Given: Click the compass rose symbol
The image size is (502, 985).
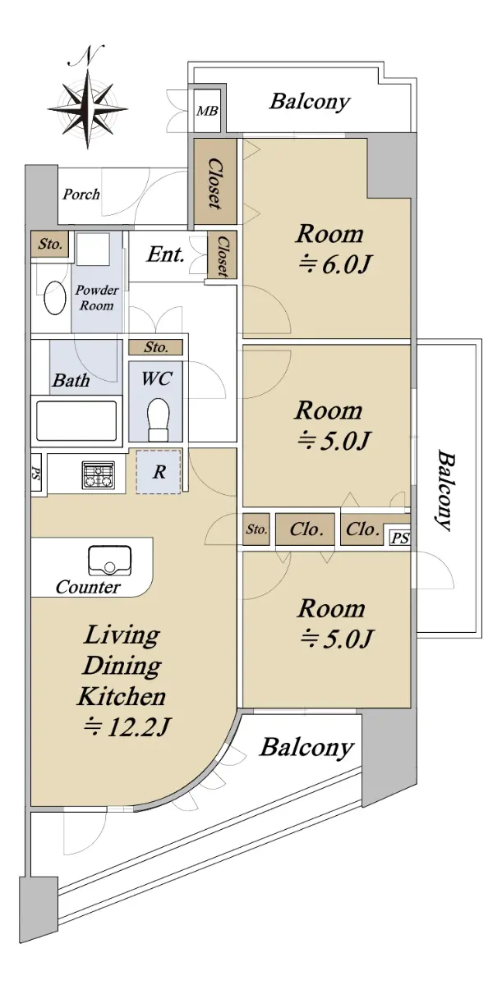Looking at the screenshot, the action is tap(88, 106).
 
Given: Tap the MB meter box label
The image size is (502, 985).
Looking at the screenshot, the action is tap(207, 112).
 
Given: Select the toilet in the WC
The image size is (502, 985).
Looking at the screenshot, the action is tap(158, 420).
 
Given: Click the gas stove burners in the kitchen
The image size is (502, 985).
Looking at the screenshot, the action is tap(98, 475).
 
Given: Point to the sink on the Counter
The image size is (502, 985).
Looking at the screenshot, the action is tap(110, 561).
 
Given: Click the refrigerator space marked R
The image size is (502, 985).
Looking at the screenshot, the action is tap(159, 472).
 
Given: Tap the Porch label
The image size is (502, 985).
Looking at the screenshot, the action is tap(81, 194).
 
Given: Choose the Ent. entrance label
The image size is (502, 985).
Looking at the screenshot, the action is tap(165, 254).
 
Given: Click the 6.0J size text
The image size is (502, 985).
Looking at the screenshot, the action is tap(334, 265).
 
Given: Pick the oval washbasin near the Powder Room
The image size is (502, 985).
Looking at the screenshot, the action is tap(54, 297).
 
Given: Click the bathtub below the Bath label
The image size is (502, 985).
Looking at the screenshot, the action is tap(76, 421).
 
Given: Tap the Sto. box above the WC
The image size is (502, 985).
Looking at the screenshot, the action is tap(156, 347).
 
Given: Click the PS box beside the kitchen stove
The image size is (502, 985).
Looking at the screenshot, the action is tap(35, 475).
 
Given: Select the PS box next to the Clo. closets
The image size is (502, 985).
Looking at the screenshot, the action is tap(400, 538).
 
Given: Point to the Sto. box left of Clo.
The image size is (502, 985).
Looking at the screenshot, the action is tap(256, 529).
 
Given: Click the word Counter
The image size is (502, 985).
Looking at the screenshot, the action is tap(88, 587).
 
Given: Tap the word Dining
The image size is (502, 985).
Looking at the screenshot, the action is tap(122, 666).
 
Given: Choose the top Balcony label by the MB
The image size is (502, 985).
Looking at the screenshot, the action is tap(311, 102).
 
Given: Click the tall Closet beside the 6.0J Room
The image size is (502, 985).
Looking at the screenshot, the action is tap(215, 181).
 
